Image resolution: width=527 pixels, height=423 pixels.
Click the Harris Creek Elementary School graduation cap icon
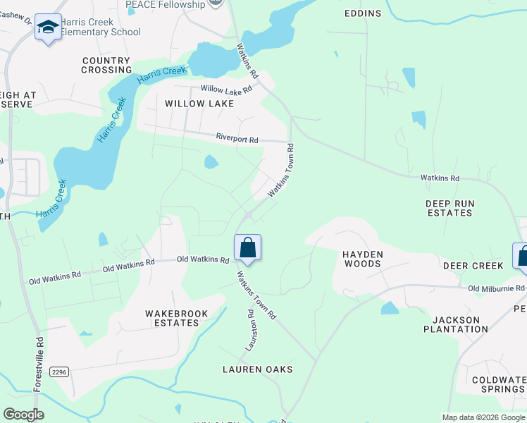[x=48, y=27]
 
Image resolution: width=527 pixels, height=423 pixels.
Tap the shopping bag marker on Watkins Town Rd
[x=247, y=248]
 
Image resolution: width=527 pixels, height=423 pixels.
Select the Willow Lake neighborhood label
[x=199, y=104]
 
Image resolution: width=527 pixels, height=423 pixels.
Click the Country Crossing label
[x=106, y=66]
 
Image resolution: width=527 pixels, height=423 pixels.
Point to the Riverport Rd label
[x=237, y=139]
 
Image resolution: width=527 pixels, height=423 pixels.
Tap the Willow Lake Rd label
[x=226, y=90]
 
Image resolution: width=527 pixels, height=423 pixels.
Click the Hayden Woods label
[x=362, y=259]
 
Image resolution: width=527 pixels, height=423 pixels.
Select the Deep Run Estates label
[x=449, y=208]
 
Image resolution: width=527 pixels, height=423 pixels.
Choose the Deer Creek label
[x=473, y=266]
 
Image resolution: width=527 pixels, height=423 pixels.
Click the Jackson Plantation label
[x=457, y=324]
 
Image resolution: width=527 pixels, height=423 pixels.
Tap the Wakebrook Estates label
[x=172, y=317]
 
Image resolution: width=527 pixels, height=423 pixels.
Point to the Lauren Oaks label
[x=257, y=369]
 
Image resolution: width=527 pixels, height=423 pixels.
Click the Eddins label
[x=363, y=13]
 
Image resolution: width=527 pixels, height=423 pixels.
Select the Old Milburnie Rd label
[x=497, y=288]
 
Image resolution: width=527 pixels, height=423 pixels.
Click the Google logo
[x=23, y=415]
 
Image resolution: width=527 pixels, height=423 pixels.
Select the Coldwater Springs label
[x=499, y=385]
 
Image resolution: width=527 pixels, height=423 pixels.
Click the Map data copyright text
[x=483, y=417]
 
